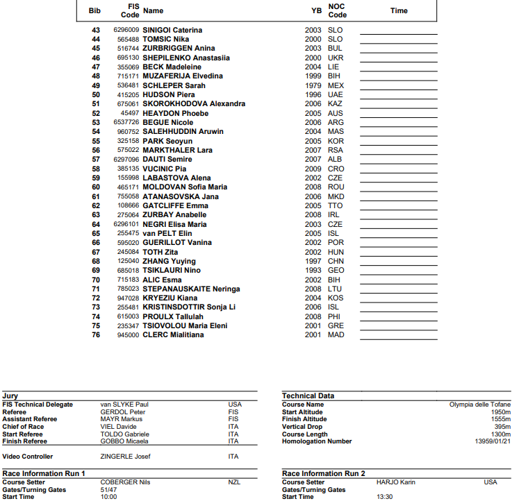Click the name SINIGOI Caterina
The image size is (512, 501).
[x=172, y=31]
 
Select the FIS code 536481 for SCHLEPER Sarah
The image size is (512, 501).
[x=127, y=85]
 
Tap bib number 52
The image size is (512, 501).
[x=96, y=113]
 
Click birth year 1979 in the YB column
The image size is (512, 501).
[x=313, y=85]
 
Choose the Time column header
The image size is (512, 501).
[x=399, y=11]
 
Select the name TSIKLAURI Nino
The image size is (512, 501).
[x=172, y=270]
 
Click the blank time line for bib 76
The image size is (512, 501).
[x=399, y=335]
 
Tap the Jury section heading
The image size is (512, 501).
[x=10, y=396]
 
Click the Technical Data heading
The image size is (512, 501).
[x=308, y=396]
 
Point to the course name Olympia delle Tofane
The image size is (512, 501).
[x=480, y=405]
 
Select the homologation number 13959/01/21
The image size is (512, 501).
[x=493, y=441]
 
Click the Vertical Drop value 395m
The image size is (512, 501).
[x=502, y=427]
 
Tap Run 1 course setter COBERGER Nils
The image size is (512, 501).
[x=125, y=482]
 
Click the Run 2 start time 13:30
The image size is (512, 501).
[x=385, y=497]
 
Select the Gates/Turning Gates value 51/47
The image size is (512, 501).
[x=109, y=490]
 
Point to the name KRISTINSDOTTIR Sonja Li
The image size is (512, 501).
[x=189, y=307]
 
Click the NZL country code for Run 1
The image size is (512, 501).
[x=235, y=482]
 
